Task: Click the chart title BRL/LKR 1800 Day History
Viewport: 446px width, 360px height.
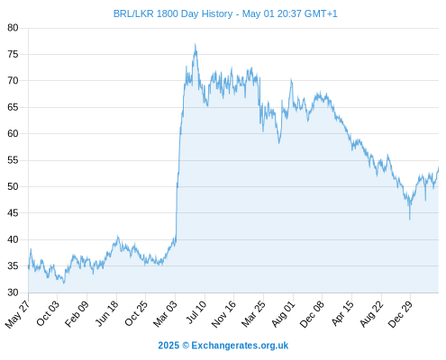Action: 173,13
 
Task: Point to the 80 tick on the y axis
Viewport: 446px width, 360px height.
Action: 13,28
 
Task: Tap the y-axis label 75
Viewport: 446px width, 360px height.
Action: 13,54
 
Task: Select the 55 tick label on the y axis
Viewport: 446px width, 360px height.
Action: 13,160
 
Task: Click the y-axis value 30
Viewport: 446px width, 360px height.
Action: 13,292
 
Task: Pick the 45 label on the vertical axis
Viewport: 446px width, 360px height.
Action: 13,213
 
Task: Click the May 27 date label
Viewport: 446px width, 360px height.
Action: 18,314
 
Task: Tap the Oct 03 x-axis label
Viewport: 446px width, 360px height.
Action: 48,313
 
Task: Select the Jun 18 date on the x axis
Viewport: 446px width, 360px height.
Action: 107,313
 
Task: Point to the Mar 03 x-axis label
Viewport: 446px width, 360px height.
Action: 166,314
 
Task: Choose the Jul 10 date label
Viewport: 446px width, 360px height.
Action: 196,312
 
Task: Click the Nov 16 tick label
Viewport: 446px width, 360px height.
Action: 223,314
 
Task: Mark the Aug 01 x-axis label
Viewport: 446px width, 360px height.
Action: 284,314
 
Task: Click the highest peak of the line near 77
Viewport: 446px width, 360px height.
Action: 196,44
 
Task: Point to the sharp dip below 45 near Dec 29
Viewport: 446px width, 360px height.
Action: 410,220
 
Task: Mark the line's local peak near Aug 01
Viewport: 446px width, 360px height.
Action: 291,79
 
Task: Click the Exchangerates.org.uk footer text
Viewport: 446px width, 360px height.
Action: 240,346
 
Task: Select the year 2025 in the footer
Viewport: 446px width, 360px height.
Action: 168,346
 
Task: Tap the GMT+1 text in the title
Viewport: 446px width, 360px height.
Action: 321,13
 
